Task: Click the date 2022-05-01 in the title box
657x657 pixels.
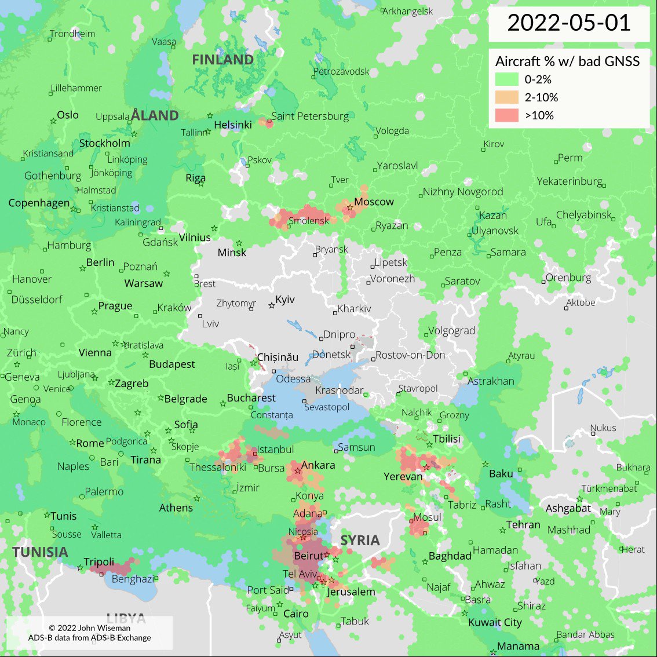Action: pos(568,23)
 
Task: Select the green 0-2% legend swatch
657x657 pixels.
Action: pos(506,79)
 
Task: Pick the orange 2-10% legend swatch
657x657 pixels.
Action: pos(506,97)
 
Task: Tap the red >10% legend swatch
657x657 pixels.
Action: pos(506,115)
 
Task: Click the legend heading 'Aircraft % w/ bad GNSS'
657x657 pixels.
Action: pos(567,61)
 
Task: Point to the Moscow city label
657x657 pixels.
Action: pos(374,202)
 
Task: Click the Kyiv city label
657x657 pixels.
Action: pos(285,300)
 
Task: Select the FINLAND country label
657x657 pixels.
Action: pos(222,60)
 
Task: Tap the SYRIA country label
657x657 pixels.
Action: pos(360,541)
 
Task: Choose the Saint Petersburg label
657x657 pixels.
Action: pos(310,116)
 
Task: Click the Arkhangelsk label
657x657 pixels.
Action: pos(408,11)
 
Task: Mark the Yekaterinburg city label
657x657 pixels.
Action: pos(570,181)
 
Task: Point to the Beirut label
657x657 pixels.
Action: pos(308,556)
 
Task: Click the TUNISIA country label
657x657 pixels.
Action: pos(41,552)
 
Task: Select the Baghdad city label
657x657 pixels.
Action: pos(450,556)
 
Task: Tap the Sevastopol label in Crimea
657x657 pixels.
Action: pos(327,407)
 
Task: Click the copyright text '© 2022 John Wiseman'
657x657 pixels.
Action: pos(89,627)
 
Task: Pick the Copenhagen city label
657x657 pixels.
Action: pos(39,203)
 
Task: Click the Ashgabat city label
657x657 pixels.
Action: pos(568,509)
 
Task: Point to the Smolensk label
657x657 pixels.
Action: pos(308,221)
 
